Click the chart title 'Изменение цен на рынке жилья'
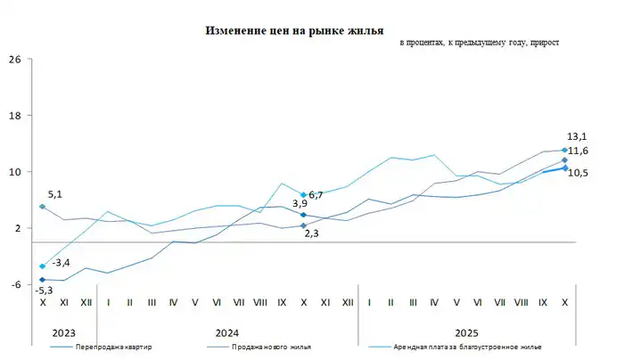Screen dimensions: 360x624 pos(294,30)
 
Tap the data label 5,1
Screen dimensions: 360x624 pos(55,193)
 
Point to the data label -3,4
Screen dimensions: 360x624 pos(62,263)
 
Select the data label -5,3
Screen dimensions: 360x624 pos(43,290)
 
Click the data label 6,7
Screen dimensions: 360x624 pos(316,194)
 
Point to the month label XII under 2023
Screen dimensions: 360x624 pos(86,303)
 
